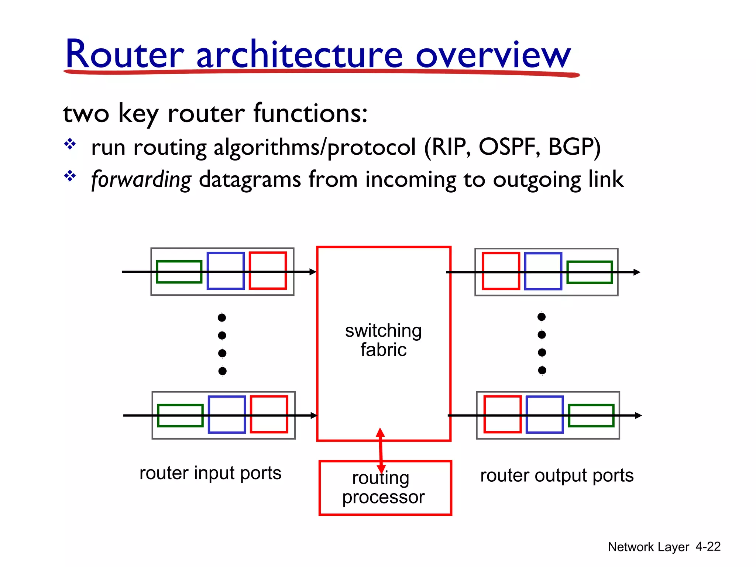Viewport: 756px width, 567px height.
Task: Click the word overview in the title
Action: (493, 55)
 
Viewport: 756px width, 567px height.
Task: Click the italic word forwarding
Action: (141, 180)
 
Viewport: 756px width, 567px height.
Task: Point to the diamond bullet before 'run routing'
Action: (70, 144)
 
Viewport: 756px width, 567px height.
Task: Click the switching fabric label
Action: (383, 340)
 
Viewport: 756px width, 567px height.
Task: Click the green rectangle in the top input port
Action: (179, 272)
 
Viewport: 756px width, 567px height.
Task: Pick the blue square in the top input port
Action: (226, 271)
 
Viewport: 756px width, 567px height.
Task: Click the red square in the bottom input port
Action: (269, 414)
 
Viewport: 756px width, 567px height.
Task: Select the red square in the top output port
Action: (501, 271)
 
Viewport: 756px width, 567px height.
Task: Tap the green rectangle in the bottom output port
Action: (591, 416)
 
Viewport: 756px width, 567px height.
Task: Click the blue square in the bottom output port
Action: (544, 414)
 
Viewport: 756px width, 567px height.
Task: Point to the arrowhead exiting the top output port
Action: (637, 272)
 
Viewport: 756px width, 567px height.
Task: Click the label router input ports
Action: (210, 473)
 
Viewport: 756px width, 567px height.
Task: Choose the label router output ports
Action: (557, 475)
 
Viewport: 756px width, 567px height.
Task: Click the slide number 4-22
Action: (708, 547)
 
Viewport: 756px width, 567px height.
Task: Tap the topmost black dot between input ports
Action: (222, 317)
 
